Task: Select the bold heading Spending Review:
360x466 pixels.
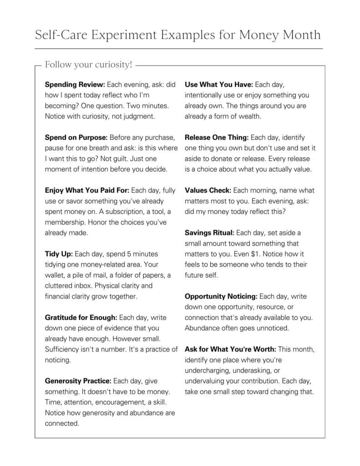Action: click(75, 85)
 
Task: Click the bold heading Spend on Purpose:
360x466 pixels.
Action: click(76, 137)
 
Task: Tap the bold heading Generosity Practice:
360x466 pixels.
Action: click(78, 380)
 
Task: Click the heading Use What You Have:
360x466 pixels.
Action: click(219, 85)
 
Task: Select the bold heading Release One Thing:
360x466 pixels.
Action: click(217, 137)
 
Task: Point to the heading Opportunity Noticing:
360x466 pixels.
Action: click(221, 296)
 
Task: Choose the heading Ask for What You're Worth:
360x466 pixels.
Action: click(230, 349)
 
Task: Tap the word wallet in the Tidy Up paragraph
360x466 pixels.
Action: click(55, 275)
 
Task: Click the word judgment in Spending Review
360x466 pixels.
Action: click(138, 116)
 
